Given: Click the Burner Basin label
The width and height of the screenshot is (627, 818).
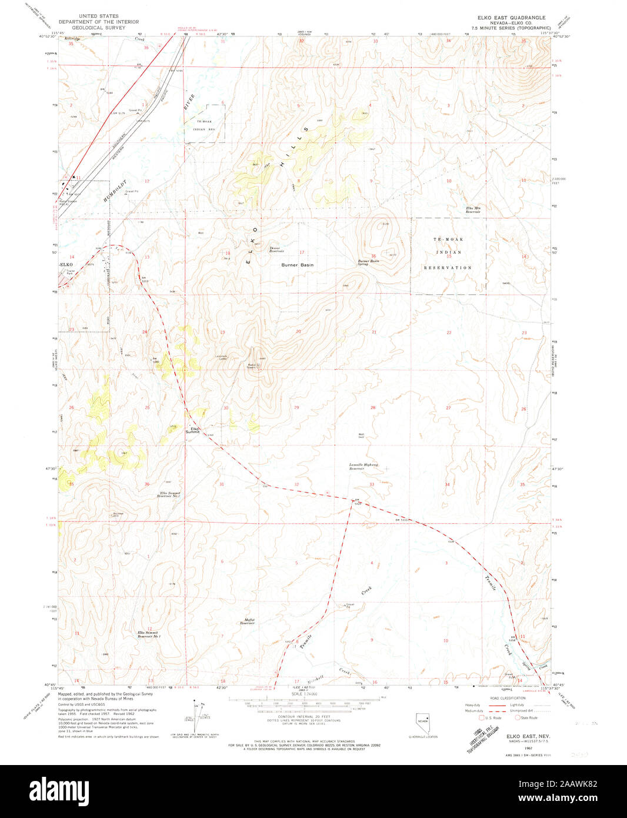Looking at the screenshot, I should pyautogui.click(x=297, y=265).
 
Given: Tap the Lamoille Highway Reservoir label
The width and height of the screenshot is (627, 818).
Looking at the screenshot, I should pyautogui.click(x=363, y=467).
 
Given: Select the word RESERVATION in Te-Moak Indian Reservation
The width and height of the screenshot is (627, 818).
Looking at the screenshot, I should pyautogui.click(x=448, y=268).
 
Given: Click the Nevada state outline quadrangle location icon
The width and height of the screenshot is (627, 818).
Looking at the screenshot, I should pyautogui.click(x=422, y=722).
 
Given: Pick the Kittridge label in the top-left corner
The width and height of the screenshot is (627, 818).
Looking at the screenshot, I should pyautogui.click(x=69, y=38).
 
